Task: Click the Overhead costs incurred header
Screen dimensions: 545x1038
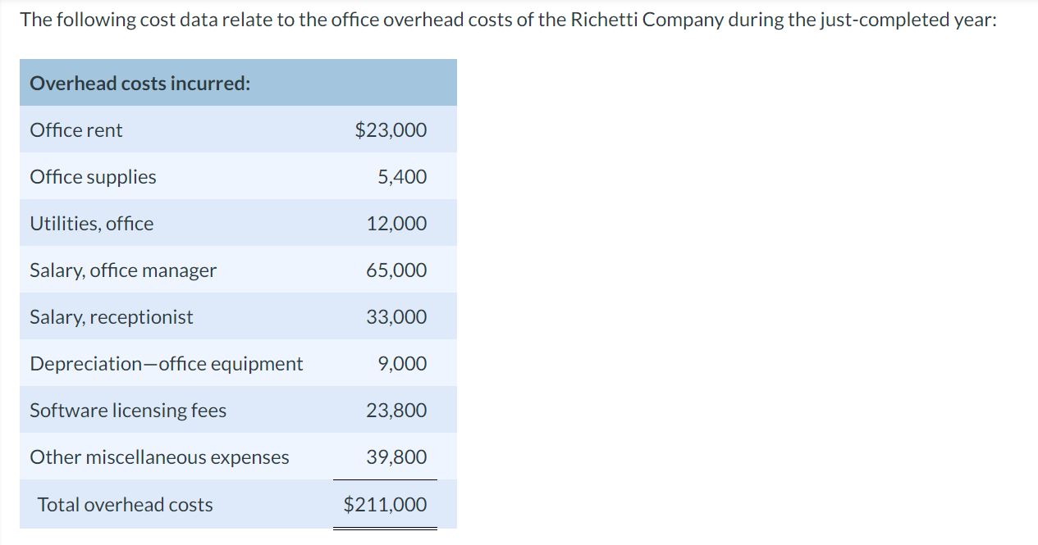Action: [x=140, y=84]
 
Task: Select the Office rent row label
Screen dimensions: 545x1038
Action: [x=76, y=130]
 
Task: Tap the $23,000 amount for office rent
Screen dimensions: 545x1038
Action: [x=391, y=130]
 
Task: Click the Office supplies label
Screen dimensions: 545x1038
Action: [x=93, y=177]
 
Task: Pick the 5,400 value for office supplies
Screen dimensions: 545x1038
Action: [x=402, y=177]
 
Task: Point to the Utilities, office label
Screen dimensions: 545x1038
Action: [x=91, y=224]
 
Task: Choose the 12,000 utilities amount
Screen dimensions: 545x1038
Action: [x=396, y=224]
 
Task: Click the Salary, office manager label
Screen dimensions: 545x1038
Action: [x=123, y=270]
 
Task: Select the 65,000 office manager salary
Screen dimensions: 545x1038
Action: [x=396, y=270]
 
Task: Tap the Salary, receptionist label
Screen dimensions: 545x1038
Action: [x=112, y=317]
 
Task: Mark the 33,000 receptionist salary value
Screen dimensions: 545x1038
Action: [x=396, y=317]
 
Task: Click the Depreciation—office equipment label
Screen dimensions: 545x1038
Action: [x=167, y=364]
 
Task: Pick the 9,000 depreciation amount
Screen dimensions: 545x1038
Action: [x=402, y=364]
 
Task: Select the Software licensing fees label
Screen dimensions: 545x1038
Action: [x=128, y=411]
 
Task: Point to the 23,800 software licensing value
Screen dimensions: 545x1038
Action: [x=396, y=411]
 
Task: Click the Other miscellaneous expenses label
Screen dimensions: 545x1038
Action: [x=159, y=457]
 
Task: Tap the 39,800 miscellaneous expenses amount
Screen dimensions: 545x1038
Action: [x=396, y=457]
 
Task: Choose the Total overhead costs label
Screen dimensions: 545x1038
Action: [x=125, y=505]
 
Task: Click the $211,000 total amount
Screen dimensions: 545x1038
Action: [x=385, y=505]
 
